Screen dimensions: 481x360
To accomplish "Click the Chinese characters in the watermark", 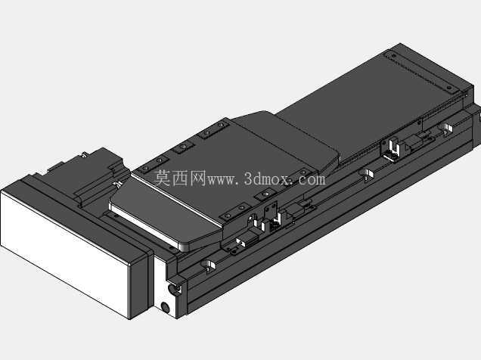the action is [x=179, y=178].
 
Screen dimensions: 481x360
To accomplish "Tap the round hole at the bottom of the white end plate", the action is [x=165, y=307].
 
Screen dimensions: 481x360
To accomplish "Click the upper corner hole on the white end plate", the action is [x=173, y=289].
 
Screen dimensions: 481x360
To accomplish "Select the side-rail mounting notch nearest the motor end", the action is [x=209, y=266].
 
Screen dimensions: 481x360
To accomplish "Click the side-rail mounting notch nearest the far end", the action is [x=445, y=129].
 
